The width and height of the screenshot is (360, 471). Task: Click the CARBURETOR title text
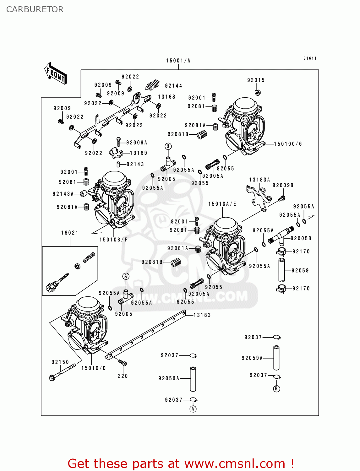pyautogui.click(x=35, y=9)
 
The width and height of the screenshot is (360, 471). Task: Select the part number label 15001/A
pyautogui.click(x=178, y=61)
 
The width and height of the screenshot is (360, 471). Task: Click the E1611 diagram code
pyautogui.click(x=310, y=58)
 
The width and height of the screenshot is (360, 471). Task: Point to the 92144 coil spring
pyautogui.click(x=153, y=84)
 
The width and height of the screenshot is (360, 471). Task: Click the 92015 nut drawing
pyautogui.click(x=257, y=92)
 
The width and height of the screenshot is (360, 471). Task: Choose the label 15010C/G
pyautogui.click(x=288, y=144)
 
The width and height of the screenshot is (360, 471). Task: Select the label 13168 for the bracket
pyautogui.click(x=166, y=97)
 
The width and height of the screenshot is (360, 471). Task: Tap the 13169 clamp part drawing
pyautogui.click(x=116, y=153)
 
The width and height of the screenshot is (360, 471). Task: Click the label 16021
pyautogui.click(x=70, y=233)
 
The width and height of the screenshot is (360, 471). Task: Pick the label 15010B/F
pyautogui.click(x=113, y=240)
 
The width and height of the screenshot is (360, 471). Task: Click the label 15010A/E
pyautogui.click(x=222, y=204)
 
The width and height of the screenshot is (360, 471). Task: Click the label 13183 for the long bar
pyautogui.click(x=202, y=315)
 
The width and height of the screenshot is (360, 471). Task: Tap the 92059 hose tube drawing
pyautogui.click(x=281, y=270)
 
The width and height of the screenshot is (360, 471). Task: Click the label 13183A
pyautogui.click(x=259, y=180)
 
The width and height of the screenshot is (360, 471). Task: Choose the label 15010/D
pyautogui.click(x=94, y=368)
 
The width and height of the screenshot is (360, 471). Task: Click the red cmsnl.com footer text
pyautogui.click(x=181, y=463)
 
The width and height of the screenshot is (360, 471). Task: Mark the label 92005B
pyautogui.click(x=301, y=238)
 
